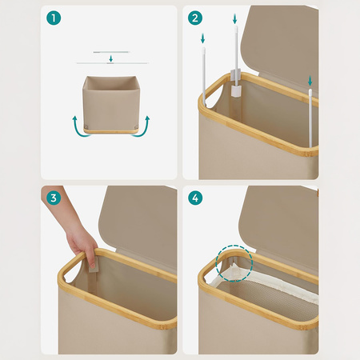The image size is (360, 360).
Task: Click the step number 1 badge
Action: click(54, 18)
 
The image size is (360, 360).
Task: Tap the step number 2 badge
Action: click(195, 18)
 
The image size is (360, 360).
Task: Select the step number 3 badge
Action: click(54, 198)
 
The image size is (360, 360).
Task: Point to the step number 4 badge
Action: click(195, 198)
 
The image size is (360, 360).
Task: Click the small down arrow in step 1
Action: click(111, 58)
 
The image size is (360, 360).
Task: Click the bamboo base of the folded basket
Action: click(111, 131)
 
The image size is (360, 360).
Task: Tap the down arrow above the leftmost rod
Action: click(202, 38)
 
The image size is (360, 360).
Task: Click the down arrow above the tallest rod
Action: click(234, 19)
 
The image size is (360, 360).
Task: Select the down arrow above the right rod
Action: click(310, 81)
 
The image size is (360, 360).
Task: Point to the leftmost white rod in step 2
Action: click(204, 77)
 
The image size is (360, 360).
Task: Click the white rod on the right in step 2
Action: click(310, 118)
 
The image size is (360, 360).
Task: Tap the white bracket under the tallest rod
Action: click(235, 82)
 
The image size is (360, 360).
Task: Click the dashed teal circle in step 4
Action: click(234, 263)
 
